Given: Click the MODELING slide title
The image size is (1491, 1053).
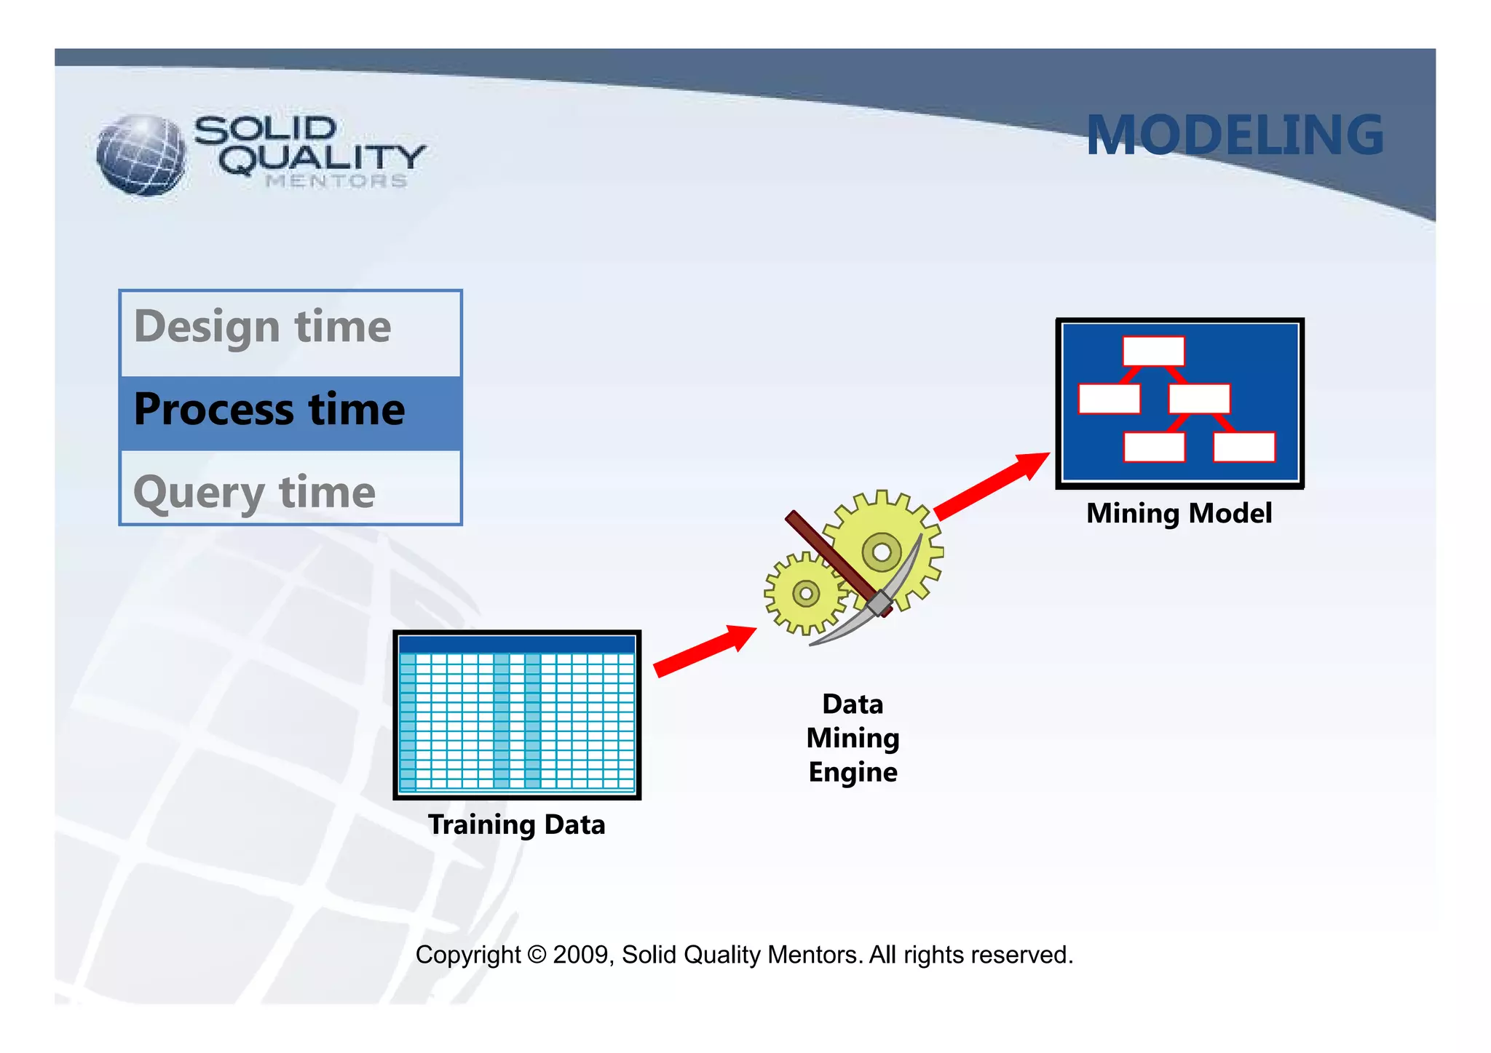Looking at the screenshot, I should pyautogui.click(x=1234, y=135).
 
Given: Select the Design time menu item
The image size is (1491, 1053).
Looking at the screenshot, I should pyautogui.click(x=263, y=327).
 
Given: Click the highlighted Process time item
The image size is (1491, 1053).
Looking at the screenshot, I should pyautogui.click(x=269, y=410).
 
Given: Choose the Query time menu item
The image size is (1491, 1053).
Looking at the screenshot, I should pyautogui.click(x=255, y=493).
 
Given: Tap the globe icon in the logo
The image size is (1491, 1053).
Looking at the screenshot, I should pyautogui.click(x=141, y=155).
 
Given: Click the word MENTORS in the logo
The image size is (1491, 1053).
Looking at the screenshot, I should pyautogui.click(x=336, y=181).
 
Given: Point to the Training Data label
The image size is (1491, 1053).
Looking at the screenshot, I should pyautogui.click(x=516, y=824).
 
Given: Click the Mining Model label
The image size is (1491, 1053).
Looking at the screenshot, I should pyautogui.click(x=1179, y=513).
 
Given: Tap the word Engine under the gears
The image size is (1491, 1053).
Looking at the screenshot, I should pyautogui.click(x=853, y=772).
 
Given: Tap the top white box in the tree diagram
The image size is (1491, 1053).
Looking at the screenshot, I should pyautogui.click(x=1153, y=351).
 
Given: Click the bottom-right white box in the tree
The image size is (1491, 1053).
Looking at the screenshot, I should pyautogui.click(x=1243, y=447).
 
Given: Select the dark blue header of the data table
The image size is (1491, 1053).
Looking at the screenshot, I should pyautogui.click(x=516, y=644).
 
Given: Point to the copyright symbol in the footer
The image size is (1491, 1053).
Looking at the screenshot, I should pyautogui.click(x=536, y=955).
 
